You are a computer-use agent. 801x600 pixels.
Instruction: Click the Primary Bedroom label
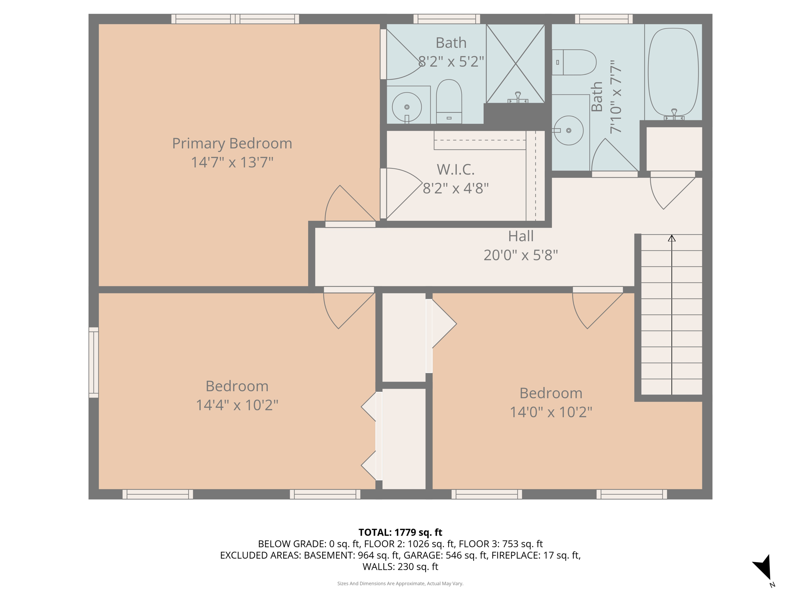(x=232, y=143)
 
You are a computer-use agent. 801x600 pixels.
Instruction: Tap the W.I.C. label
(x=456, y=170)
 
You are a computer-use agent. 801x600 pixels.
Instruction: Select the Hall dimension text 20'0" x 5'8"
(x=521, y=255)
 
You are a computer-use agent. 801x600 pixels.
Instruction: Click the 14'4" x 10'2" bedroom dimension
(x=237, y=405)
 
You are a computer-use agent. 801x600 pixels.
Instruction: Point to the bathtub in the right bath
(x=673, y=72)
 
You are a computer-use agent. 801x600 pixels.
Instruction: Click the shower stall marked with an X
(x=515, y=64)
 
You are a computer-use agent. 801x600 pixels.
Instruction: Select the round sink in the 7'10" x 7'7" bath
(x=569, y=130)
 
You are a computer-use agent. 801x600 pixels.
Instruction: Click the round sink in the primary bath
(x=407, y=107)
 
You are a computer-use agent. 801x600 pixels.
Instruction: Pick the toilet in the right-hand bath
(x=574, y=62)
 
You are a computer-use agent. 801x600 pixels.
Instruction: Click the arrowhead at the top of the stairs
(x=672, y=238)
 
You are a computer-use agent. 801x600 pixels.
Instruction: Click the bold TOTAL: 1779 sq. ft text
(x=400, y=532)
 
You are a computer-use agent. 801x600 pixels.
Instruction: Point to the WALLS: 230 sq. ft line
(x=400, y=566)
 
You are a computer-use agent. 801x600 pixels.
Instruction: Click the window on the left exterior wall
(x=93, y=362)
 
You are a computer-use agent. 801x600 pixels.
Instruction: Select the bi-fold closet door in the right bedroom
(x=442, y=324)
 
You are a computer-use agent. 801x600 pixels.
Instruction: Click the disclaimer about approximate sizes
(x=400, y=584)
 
